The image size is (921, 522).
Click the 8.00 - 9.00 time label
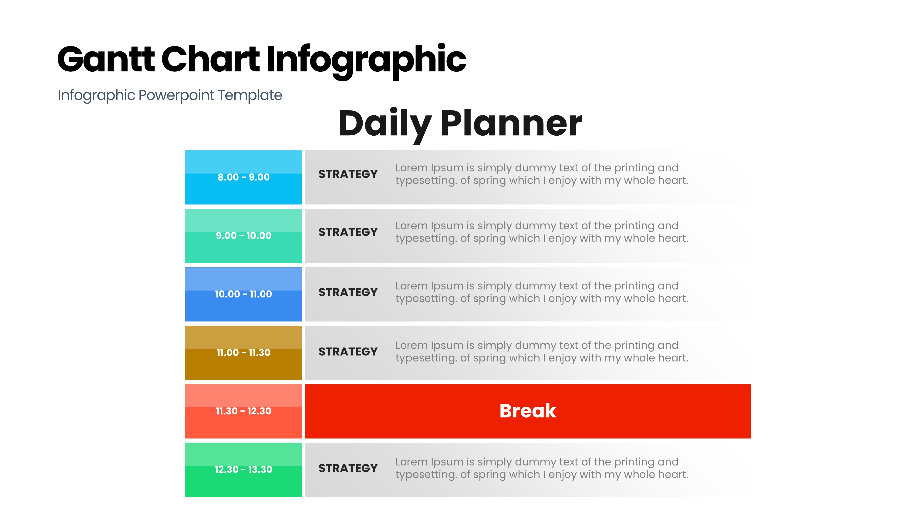point(243,177)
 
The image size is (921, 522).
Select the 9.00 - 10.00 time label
point(243,236)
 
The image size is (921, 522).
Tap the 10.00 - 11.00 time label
point(243,294)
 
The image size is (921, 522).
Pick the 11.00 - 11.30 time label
point(243,352)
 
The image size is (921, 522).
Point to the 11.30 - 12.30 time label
point(243,411)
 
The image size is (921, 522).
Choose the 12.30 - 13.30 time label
point(243,469)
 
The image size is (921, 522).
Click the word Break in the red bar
point(528,411)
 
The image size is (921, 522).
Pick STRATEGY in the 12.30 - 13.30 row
point(348,468)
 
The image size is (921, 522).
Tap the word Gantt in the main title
point(106,59)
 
